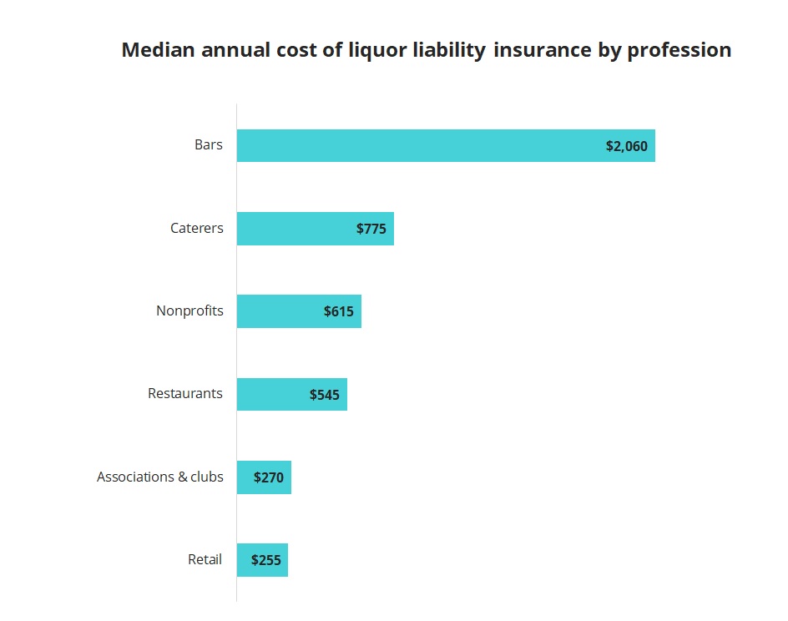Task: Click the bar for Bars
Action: pyautogui.click(x=417, y=145)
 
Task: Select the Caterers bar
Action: pyautogui.click(x=292, y=228)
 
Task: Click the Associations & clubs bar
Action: pyautogui.click(x=245, y=477)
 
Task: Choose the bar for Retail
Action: pyautogui.click(x=243, y=560)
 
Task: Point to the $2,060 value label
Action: pyautogui.click(x=626, y=146)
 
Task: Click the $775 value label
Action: pyautogui.click(x=371, y=229)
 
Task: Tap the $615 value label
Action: pyautogui.click(x=339, y=311)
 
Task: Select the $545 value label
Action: pyautogui.click(x=325, y=395)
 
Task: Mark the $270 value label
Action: pyautogui.click(x=269, y=478)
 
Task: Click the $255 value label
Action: pyautogui.click(x=266, y=561)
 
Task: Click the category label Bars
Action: pyautogui.click(x=209, y=144)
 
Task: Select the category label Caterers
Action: pyautogui.click(x=197, y=228)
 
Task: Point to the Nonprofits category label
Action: pyautogui.click(x=189, y=310)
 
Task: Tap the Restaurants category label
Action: pyautogui.click(x=185, y=393)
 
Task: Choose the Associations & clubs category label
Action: pyautogui.click(x=160, y=477)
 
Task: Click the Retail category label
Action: pyautogui.click(x=205, y=559)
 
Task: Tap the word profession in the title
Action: pyautogui.click(x=679, y=50)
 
